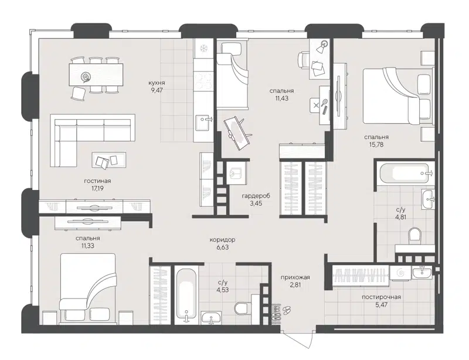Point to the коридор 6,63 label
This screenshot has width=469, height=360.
(222, 244)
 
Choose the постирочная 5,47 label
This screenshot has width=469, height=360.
(381, 301)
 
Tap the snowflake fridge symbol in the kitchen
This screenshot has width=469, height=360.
(204, 48)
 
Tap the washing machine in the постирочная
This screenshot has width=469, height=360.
(400, 273)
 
